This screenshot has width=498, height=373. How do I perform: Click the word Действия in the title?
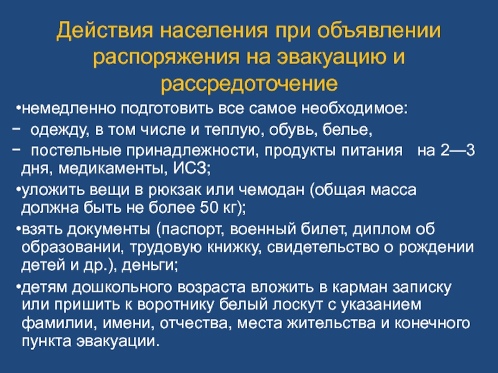[x=105, y=31]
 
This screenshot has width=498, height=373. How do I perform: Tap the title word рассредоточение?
[x=249, y=84]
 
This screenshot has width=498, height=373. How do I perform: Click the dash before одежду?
[x=16, y=129]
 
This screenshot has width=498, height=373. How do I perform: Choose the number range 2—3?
[x=458, y=150]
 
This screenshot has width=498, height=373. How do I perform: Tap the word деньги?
[x=149, y=265]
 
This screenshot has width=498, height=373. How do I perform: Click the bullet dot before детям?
[x=19, y=287]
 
